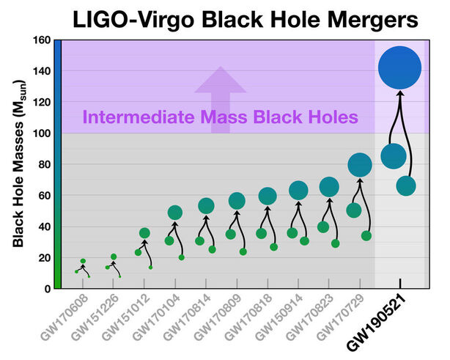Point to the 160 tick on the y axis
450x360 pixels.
pos(42,40)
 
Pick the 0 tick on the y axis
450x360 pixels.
pos(47,289)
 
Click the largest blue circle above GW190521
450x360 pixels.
pos(399,68)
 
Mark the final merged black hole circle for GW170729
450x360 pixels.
pos(360,166)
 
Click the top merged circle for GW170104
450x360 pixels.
pos(175,213)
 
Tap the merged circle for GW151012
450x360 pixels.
pos(144,233)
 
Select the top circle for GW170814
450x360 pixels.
pos(206,205)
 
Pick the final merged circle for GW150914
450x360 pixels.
pos(298,191)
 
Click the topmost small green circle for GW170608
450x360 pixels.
pos(83,261)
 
